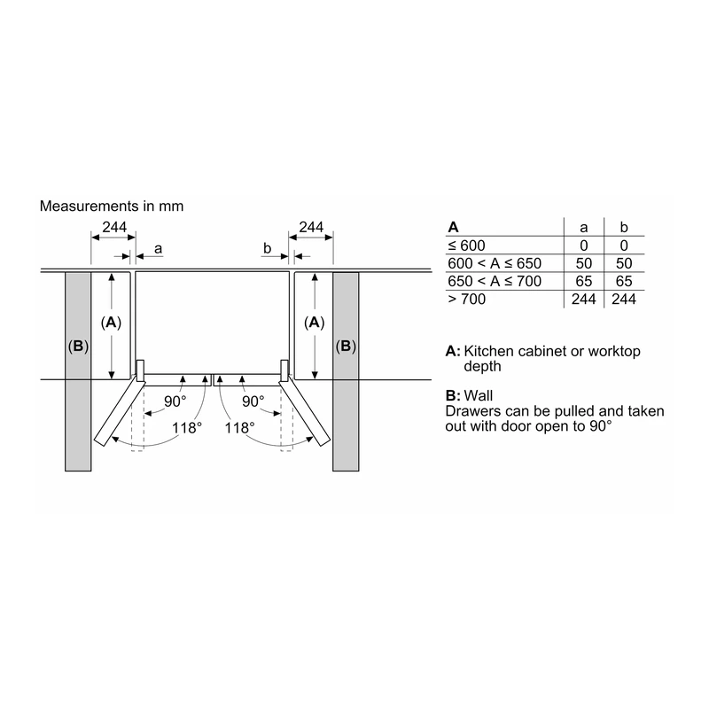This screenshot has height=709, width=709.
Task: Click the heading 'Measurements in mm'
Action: coord(112,206)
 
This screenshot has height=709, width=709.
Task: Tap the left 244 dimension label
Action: coord(114,227)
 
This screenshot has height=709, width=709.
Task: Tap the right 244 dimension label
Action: coord(311,227)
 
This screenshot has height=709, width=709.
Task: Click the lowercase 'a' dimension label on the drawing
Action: coord(158,249)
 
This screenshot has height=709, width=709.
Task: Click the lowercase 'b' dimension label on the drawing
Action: coord(268,248)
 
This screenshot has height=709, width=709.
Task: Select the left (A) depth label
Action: coord(112,323)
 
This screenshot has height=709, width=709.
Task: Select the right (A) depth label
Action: coord(315,323)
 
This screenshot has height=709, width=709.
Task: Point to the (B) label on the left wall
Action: coord(78,346)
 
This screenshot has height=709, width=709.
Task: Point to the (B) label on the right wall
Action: coord(346,346)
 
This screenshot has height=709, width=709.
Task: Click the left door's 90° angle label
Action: coord(175,401)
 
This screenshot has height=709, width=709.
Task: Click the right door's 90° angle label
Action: coord(253,401)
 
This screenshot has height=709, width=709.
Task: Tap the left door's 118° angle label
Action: coord(187,428)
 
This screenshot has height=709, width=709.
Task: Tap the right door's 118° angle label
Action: coord(239,428)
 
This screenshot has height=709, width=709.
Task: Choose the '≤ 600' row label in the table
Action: coord(466,245)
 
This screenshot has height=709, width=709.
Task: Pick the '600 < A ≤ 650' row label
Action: coord(495,263)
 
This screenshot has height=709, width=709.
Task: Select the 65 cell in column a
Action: coord(584,281)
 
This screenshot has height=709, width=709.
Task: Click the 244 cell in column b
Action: coord(624,299)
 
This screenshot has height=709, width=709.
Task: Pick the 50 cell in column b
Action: coord(624,263)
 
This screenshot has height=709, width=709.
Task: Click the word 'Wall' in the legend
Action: coord(479,395)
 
